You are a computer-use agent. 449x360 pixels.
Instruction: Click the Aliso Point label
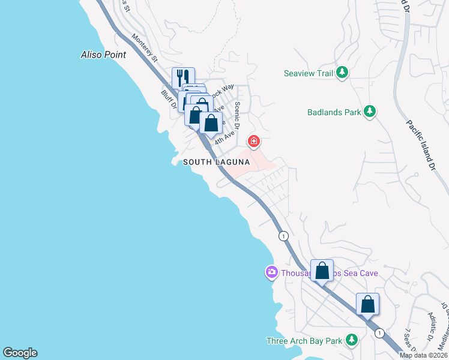(103, 55)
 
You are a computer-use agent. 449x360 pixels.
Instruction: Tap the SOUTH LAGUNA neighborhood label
(216, 162)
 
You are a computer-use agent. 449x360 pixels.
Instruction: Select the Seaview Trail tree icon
(342, 73)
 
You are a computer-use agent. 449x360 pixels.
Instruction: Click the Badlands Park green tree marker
(371, 112)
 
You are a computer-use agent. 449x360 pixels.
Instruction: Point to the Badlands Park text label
(334, 112)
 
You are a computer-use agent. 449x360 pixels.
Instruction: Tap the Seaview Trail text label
(308, 73)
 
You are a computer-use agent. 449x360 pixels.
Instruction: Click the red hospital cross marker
(254, 142)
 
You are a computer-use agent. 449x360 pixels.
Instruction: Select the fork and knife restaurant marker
(183, 77)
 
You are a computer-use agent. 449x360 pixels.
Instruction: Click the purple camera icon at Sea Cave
(271, 273)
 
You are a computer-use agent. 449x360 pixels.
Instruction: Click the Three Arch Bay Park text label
(304, 341)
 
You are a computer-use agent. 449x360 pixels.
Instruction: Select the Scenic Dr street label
(237, 115)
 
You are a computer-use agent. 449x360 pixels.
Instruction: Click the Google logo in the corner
(20, 353)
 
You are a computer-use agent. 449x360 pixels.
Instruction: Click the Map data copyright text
(424, 355)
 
